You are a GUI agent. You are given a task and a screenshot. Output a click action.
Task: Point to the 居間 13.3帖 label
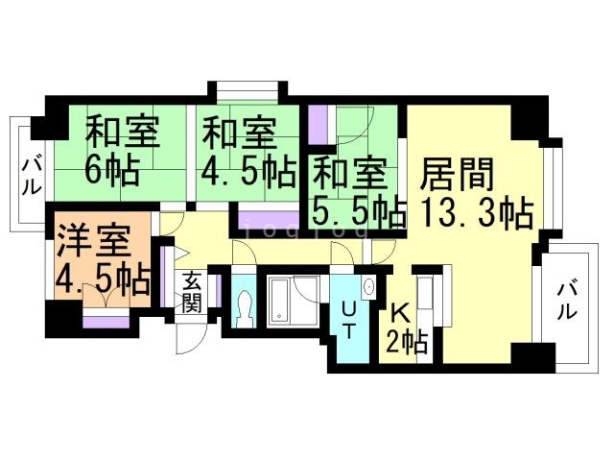point(474,194)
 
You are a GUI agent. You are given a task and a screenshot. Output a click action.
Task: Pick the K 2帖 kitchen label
point(407,327)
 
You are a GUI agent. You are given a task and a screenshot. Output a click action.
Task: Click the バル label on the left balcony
point(31,177)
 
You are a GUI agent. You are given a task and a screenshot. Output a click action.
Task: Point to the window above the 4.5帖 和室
point(248,92)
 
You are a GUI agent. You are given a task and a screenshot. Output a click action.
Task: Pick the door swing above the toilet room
point(244,252)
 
